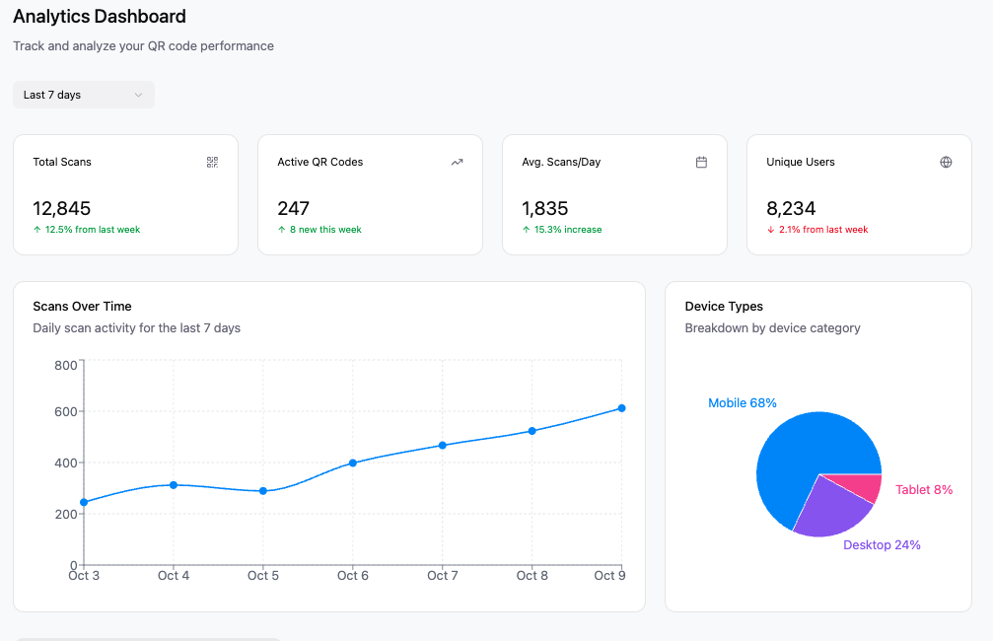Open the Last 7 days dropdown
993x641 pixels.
coord(84,95)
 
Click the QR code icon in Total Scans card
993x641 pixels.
coord(212,162)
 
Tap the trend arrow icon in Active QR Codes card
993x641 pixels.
coord(457,162)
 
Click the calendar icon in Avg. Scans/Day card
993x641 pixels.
coord(701,162)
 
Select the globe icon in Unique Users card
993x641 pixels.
coord(946,162)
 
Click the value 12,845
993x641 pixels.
coord(61,208)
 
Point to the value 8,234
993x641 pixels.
coord(791,208)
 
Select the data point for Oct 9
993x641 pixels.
coord(621,408)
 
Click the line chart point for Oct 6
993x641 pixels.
coord(353,463)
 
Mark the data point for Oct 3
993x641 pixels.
coord(84,502)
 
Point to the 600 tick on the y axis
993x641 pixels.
coord(66,411)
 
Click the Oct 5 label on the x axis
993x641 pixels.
coord(263,576)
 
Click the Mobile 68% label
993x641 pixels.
coord(743,402)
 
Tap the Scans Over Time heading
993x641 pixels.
coord(82,306)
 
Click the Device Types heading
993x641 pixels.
coord(724,306)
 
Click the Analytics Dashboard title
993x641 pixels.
coord(100,17)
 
